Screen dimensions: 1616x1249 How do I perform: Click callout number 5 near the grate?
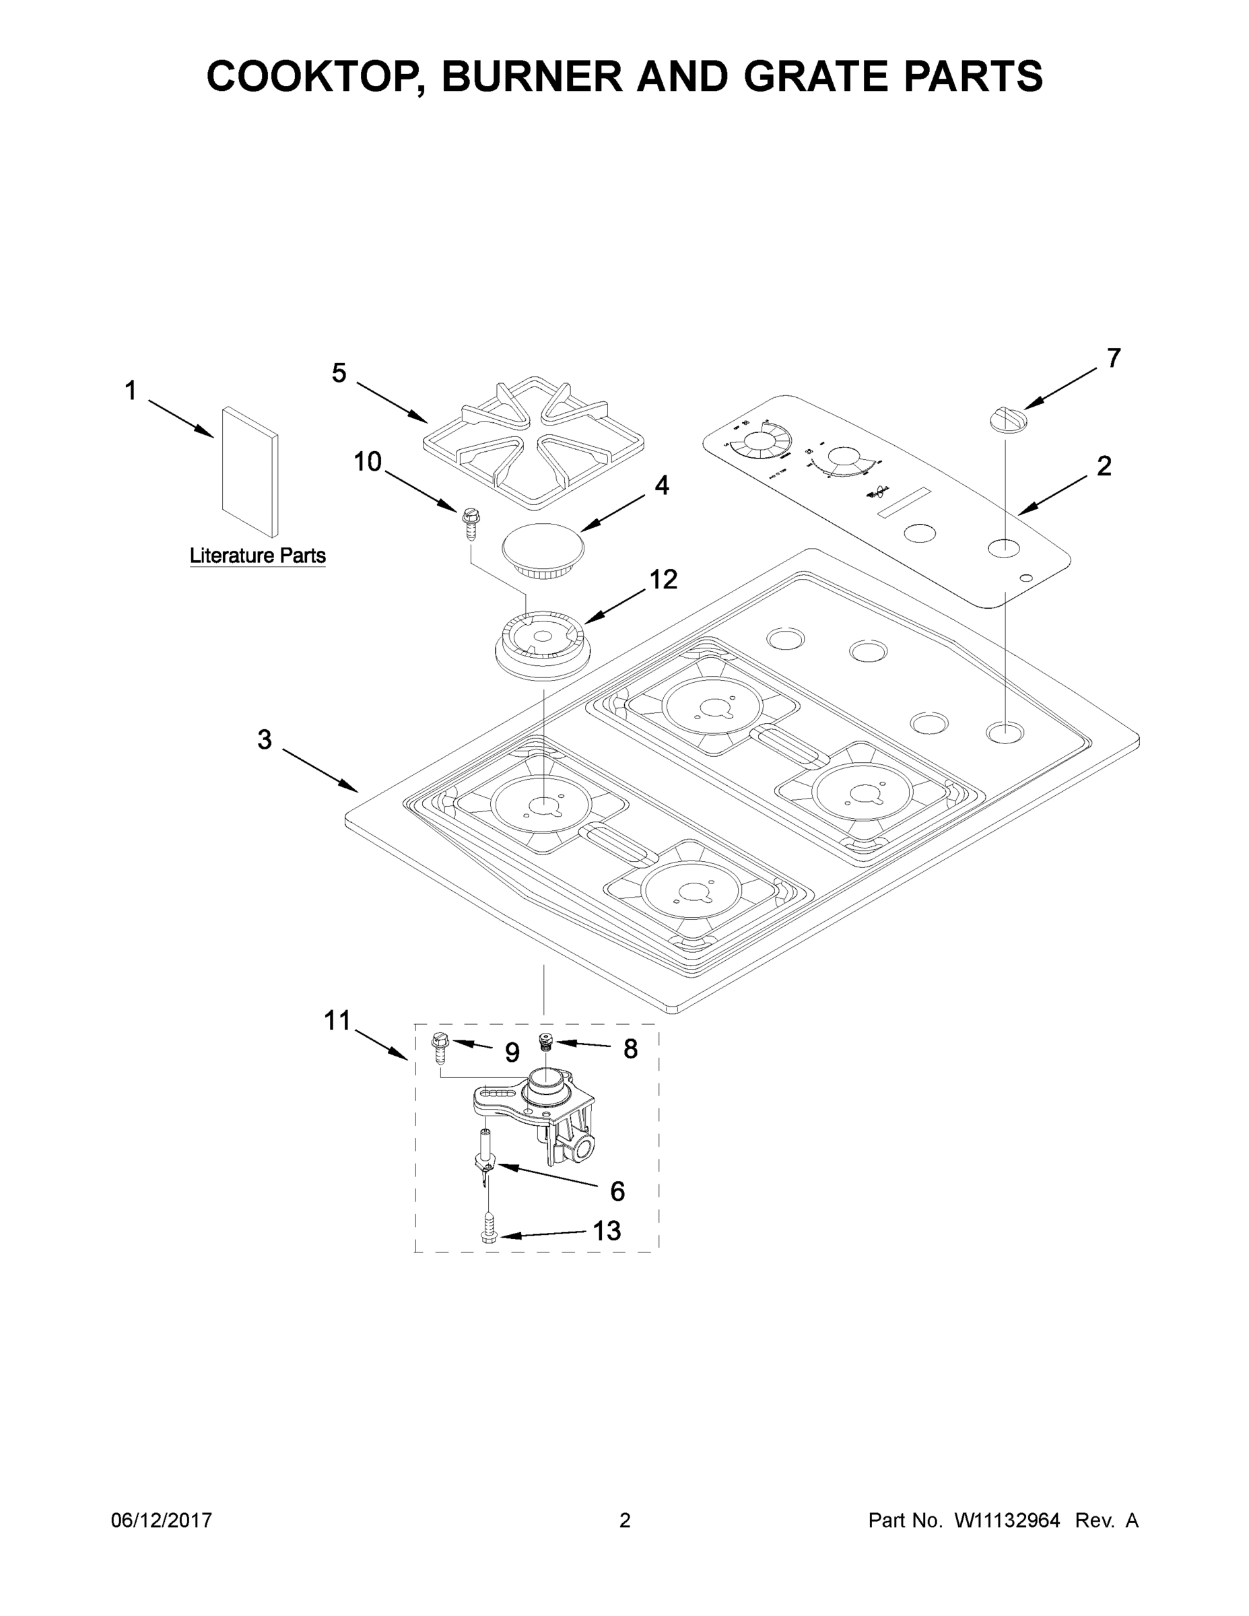[338, 373]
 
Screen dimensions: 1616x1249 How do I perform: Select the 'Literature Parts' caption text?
[257, 555]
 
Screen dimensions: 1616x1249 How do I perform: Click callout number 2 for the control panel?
[1104, 466]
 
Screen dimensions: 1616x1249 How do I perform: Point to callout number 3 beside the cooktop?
[264, 739]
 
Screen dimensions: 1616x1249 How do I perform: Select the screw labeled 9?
[439, 1047]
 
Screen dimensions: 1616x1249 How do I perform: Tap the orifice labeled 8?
[547, 1041]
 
